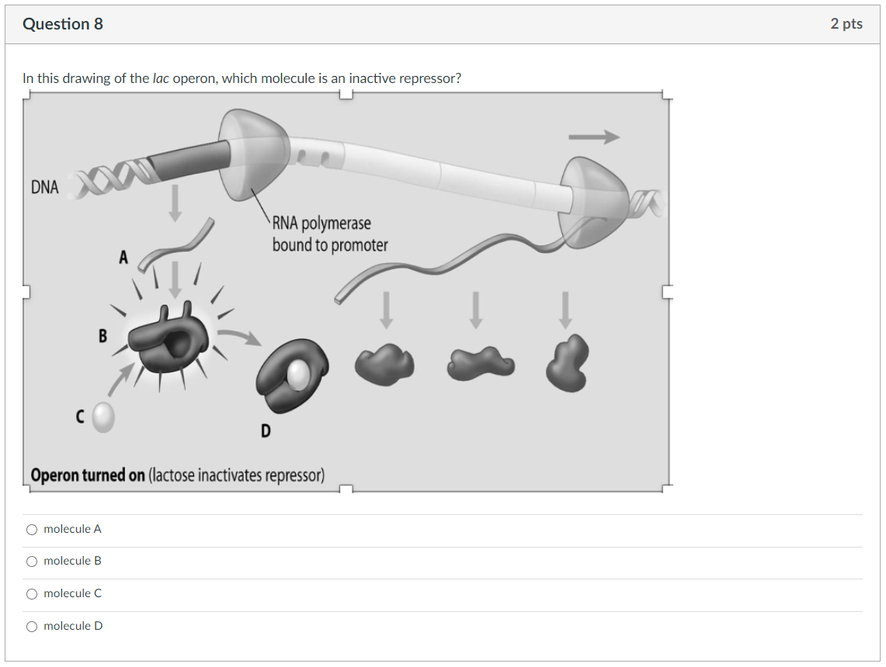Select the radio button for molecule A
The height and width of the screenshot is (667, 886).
coord(32,530)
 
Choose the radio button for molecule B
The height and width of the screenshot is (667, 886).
coord(32,562)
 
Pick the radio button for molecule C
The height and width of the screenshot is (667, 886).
coord(32,594)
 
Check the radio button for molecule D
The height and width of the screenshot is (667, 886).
coord(32,627)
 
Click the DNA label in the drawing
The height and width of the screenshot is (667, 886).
coord(44,188)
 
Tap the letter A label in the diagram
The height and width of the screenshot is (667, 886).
coord(123,257)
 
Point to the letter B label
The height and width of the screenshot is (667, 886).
coord(102,337)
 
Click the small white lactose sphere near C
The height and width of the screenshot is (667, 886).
coord(103,419)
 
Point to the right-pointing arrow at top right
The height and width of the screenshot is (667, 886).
coord(594,137)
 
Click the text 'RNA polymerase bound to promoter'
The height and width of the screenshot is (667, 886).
coord(329,234)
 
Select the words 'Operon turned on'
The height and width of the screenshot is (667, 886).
coord(88,475)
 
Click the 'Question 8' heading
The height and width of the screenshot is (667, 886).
coord(63,24)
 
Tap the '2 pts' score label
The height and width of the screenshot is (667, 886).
coord(846,24)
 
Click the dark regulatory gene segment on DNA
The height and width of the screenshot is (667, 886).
coord(190,157)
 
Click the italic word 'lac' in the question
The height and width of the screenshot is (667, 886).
coord(161,78)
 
